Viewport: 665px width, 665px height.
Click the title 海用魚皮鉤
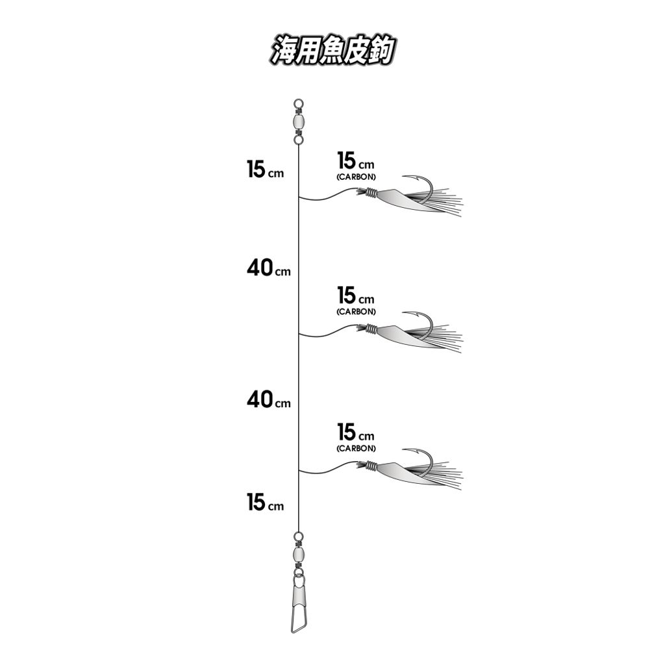[332, 50]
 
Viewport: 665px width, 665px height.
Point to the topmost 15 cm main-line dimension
[265, 169]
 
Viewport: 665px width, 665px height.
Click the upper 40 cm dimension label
[268, 268]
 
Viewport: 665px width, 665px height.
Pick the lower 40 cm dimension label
[268, 399]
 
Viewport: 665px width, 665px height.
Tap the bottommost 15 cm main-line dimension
[265, 502]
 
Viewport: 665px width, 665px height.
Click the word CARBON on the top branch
[357, 177]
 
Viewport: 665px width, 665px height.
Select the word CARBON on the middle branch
[357, 312]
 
